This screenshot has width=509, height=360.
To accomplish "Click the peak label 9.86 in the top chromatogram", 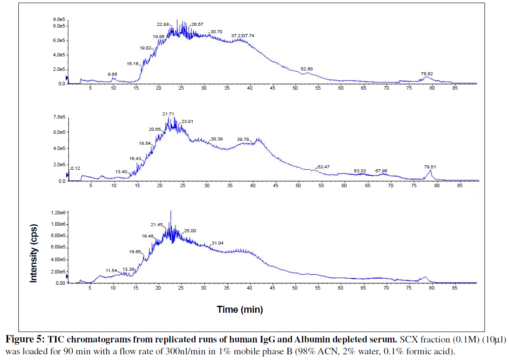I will pyautogui.click(x=113, y=74).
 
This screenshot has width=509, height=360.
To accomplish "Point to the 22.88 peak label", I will pyautogui.click(x=163, y=24).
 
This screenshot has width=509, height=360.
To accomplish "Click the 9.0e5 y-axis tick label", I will pyautogui.click(x=59, y=20).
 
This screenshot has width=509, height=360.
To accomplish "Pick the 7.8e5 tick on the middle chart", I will pyautogui.click(x=59, y=117).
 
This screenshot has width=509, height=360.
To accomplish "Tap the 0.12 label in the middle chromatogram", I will pyautogui.click(x=75, y=168).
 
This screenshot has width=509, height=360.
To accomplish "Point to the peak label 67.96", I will pyautogui.click(x=381, y=171).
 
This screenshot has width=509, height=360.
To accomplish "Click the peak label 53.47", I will pyautogui.click(x=324, y=167).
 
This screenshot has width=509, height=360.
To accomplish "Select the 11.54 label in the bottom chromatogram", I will pyautogui.click(x=111, y=270).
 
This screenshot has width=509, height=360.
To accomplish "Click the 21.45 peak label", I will pyautogui.click(x=157, y=224).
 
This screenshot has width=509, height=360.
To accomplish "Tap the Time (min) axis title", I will pyautogui.click(x=240, y=310).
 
